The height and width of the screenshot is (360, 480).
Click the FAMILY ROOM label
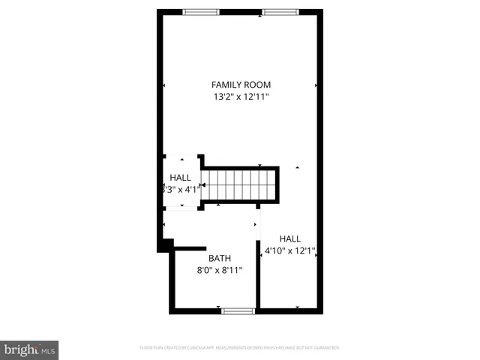[241, 85]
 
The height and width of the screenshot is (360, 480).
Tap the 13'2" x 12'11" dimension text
[241, 96]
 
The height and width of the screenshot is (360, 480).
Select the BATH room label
[220, 259]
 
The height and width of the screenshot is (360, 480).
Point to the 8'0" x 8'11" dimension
[220, 271]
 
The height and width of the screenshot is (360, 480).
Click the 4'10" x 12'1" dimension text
[289, 252]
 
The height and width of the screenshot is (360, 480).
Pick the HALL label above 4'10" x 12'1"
[289, 239]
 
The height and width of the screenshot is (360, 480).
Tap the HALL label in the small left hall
[180, 178]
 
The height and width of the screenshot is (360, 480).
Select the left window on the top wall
[202, 12]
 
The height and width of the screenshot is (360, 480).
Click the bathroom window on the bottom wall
[238, 310]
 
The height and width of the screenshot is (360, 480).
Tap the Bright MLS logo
[29, 349]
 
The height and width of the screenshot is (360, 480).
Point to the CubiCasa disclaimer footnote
[240, 348]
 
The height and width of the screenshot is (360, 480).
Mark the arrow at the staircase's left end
[204, 184]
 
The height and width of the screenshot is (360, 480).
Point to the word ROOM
[258, 85]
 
